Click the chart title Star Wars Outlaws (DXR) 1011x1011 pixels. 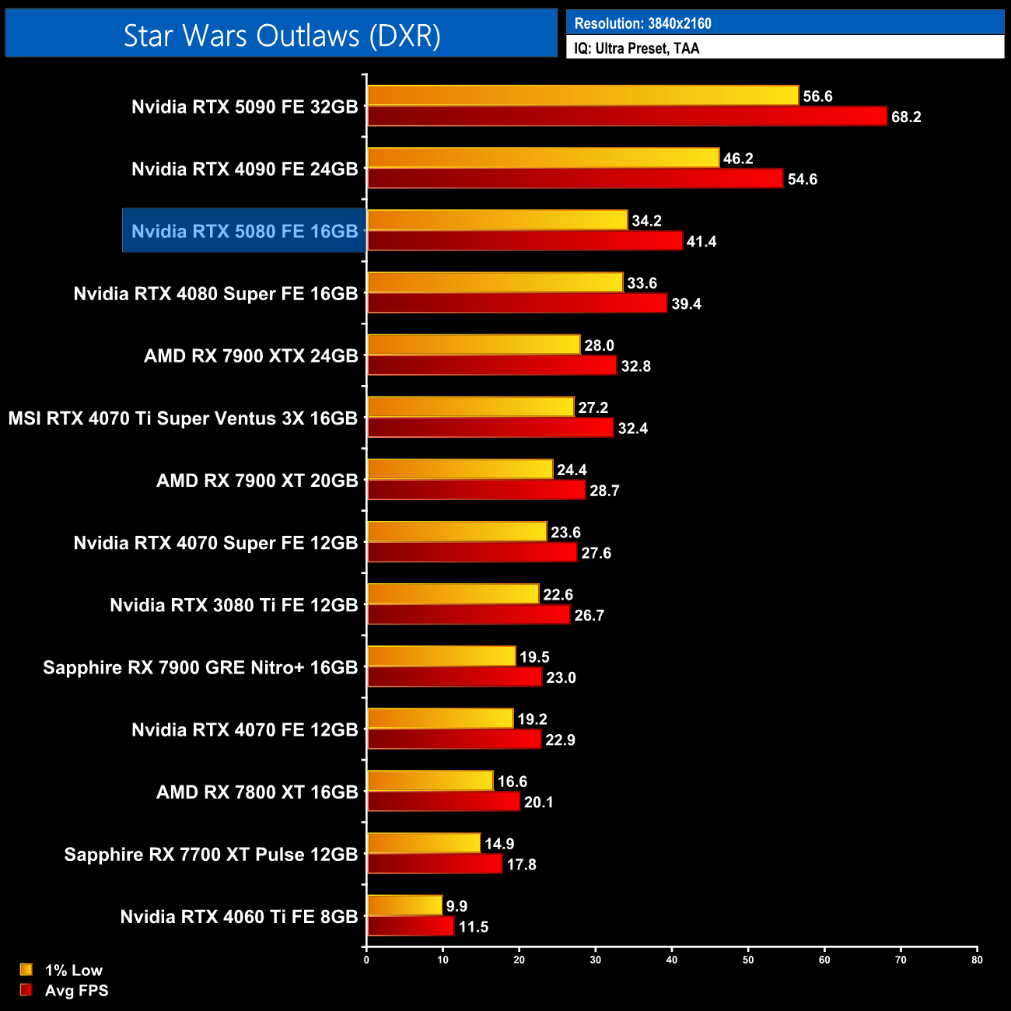pos(282,36)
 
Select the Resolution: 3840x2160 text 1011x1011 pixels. pos(642,23)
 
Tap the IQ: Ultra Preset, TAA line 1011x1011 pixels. pos(637,48)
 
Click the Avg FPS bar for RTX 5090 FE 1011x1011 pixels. pos(627,117)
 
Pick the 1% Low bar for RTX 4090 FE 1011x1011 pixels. pos(543,158)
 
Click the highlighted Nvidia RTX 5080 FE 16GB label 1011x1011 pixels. pos(244,231)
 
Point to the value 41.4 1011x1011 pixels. pos(701,242)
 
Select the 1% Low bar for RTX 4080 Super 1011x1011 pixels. pos(495,282)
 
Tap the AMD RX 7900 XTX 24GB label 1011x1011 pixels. pos(250,356)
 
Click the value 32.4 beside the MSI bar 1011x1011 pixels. pos(632,429)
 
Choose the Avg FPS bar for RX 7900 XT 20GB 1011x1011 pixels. pos(476,490)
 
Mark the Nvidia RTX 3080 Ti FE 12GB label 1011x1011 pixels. pos(233,605)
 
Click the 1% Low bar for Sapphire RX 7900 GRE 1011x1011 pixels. pos(441,656)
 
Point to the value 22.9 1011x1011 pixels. pos(560,740)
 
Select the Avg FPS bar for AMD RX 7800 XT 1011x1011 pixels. pos(443,802)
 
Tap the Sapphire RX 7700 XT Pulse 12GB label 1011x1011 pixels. pos(211,855)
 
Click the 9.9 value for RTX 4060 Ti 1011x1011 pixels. pos(457,907)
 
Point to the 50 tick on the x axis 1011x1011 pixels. pos(748,960)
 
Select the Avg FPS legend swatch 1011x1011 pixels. pos(26,990)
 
